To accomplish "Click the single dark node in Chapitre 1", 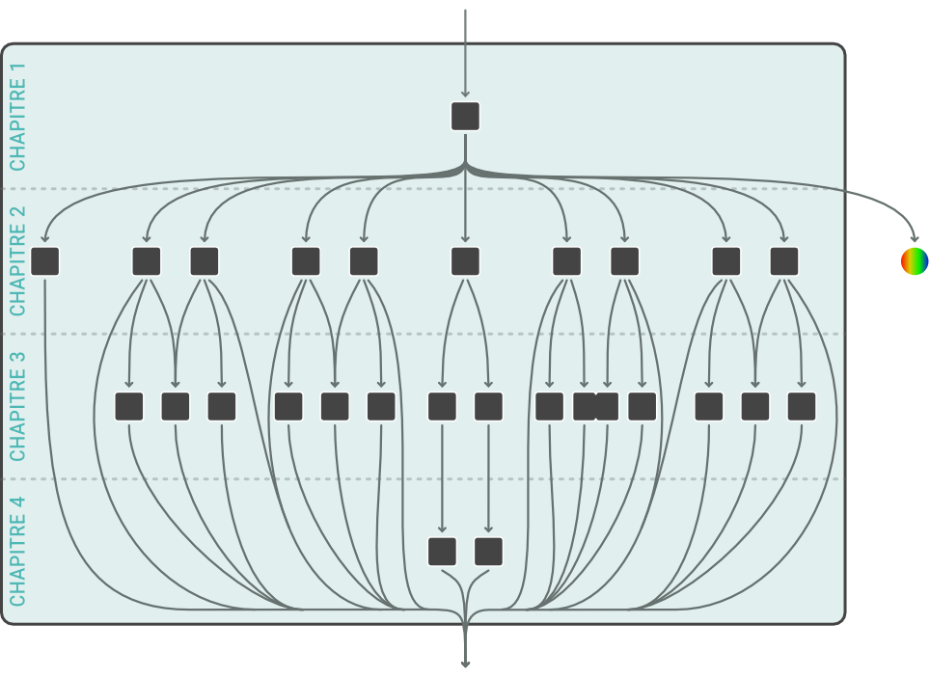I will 465,116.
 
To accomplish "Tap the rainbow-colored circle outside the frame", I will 914,260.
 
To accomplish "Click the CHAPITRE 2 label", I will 17,261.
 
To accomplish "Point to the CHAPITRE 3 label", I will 17,406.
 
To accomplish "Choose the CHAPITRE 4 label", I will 17,551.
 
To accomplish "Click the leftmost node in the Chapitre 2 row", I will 45,261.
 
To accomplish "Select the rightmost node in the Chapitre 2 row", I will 784,261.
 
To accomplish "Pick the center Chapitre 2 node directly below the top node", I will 465,261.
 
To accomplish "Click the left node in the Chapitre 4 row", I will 442,552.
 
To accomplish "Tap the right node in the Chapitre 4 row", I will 489,552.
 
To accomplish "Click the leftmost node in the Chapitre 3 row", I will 129,406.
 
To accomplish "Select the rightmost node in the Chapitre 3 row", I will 802,406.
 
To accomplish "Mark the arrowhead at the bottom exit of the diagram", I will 465,664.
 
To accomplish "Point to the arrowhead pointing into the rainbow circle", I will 914,238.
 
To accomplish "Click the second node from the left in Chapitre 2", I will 147,261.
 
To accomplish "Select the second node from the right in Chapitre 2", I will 726,261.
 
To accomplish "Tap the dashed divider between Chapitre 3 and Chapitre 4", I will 289,478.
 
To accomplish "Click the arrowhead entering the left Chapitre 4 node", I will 442,529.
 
